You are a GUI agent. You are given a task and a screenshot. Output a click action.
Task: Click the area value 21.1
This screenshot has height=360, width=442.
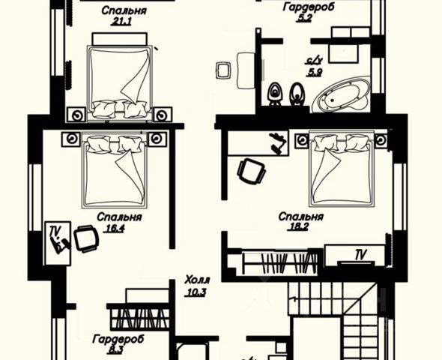coord(121,22)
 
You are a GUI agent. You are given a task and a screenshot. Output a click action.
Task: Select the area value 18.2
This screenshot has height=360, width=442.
coord(297,226)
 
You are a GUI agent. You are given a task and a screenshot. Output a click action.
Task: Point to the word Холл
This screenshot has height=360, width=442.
coord(197,280)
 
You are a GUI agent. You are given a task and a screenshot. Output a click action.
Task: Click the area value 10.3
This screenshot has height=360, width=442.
coord(196,292)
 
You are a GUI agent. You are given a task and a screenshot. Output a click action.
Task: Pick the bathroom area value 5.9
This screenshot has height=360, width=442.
coord(315,73)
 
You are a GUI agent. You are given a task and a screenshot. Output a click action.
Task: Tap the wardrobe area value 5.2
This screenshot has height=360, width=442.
coord(304,18)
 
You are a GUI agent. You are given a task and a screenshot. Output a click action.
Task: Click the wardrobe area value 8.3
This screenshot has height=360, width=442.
coord(115,350)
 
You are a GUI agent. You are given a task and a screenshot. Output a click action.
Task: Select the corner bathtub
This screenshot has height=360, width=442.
coord(341,94)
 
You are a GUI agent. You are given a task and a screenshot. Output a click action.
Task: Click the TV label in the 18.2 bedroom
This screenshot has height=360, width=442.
coord(360,255)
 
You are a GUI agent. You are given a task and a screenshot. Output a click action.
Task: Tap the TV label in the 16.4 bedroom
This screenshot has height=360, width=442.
coord(55,231)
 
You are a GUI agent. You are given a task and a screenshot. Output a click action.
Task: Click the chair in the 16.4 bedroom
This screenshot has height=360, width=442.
coord(86,238)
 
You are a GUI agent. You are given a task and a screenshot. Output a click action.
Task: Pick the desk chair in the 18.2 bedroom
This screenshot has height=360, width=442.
coord(252,171)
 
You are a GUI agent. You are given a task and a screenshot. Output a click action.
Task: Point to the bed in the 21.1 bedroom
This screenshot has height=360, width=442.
coord(120,82)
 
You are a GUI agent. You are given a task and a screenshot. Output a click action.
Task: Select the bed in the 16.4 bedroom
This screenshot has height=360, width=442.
coord(115,171)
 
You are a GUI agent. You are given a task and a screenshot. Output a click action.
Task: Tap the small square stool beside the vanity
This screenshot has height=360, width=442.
coord(223,70)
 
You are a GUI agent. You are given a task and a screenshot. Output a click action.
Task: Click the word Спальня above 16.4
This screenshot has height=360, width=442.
coord(119,217)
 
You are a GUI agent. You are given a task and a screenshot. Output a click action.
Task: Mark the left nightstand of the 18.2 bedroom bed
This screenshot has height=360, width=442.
coord(302,140)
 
